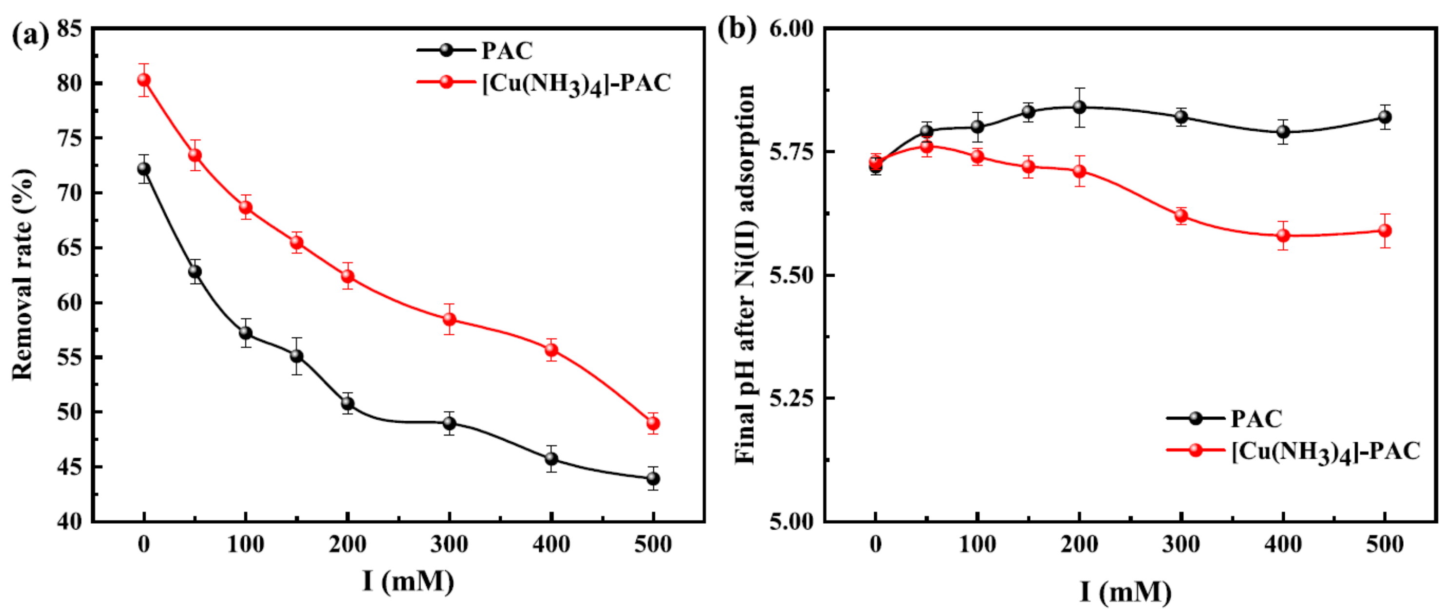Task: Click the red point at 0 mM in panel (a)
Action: (x=144, y=80)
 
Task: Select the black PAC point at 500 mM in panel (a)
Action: (x=653, y=479)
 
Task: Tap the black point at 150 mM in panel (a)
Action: (x=297, y=356)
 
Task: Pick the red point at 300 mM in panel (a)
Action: (x=449, y=320)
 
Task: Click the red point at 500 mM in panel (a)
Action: (x=653, y=423)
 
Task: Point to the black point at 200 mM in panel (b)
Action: (x=1079, y=107)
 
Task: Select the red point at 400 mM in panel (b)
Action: (x=1283, y=236)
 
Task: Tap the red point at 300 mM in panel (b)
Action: (x=1181, y=216)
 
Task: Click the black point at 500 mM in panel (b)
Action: (x=1385, y=117)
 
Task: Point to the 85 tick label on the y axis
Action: (x=69, y=28)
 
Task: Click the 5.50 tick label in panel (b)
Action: (x=791, y=276)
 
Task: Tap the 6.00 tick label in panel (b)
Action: (x=791, y=28)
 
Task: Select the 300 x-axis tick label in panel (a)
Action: (x=449, y=545)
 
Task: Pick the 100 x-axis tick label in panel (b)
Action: (x=977, y=545)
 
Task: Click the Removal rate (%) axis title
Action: (x=22, y=274)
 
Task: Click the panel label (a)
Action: (x=29, y=35)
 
